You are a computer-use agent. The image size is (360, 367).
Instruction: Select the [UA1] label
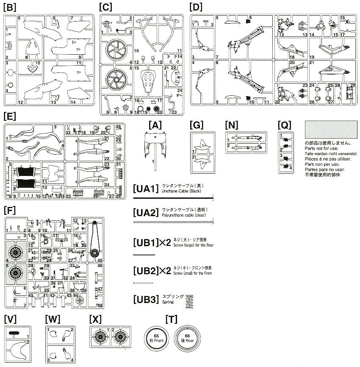(145, 189)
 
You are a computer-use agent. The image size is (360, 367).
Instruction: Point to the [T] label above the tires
(171, 319)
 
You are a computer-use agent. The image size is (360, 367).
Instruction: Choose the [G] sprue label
(197, 125)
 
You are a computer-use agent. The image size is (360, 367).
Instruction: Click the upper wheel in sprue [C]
(114, 50)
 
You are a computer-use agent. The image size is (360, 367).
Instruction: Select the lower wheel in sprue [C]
(114, 79)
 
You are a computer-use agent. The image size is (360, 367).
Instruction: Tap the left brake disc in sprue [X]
(100, 339)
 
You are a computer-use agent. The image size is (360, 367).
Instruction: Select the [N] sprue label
(232, 125)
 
